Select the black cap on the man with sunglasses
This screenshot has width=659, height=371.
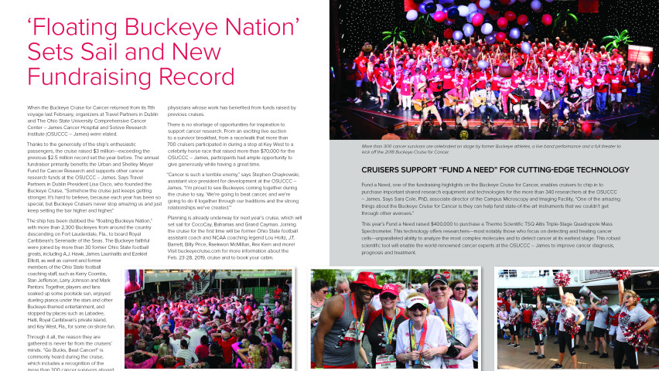[439, 279]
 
